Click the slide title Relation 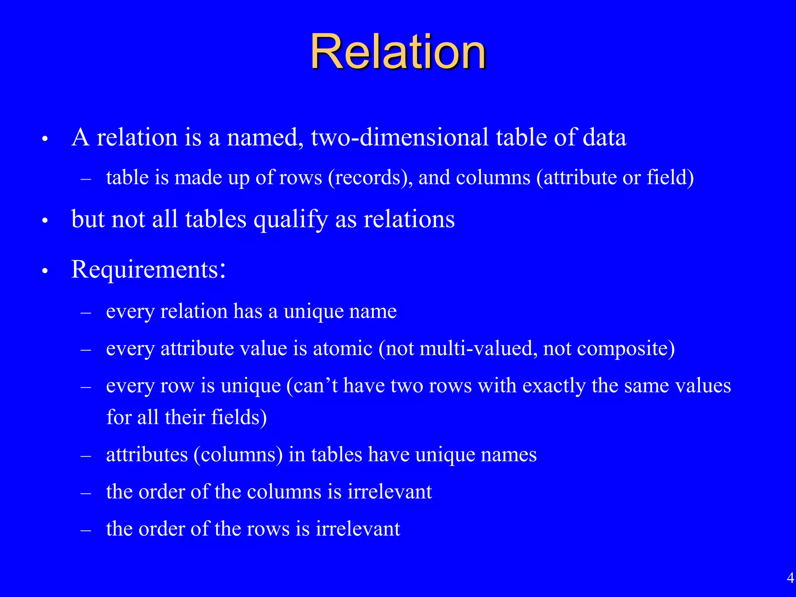(x=398, y=52)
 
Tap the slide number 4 (x=790, y=578)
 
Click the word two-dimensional (x=400, y=138)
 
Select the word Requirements (x=145, y=269)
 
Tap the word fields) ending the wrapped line (x=239, y=417)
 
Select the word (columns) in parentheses (x=238, y=454)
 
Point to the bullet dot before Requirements (x=45, y=271)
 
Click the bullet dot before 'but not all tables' (x=45, y=221)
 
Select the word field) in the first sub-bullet (x=670, y=178)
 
